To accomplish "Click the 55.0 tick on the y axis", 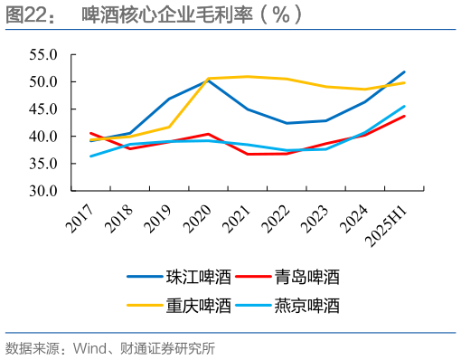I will [x=44, y=54].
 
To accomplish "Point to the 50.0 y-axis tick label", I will [x=44, y=81].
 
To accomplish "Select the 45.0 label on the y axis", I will [x=44, y=109].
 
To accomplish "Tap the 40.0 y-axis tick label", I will [x=44, y=137].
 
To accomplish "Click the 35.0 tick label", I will [x=44, y=164].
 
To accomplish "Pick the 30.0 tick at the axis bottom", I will [x=44, y=192].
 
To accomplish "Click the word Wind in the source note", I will [x=89, y=348].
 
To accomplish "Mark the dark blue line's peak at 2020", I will [x=209, y=81].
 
